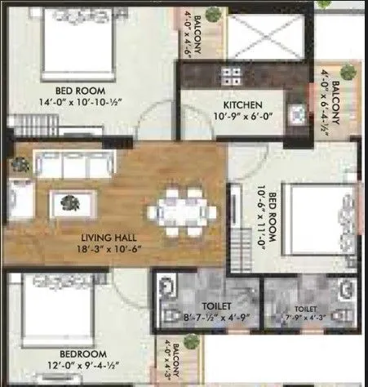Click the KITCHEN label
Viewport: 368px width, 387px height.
point(242,105)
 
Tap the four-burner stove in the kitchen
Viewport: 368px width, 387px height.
point(230,76)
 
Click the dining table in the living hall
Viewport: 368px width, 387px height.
point(182,203)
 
